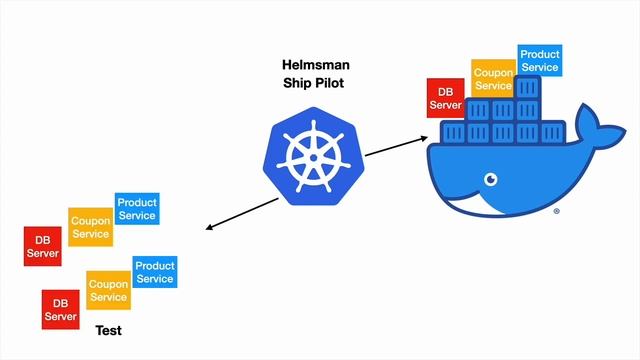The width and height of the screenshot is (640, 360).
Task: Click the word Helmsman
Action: coord(319,66)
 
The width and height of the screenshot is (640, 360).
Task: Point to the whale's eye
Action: coord(491,180)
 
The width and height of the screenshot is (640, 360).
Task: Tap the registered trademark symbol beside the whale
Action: coord(557,212)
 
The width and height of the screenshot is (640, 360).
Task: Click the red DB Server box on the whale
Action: coord(445,97)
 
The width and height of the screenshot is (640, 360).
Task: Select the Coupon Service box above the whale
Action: coord(493,79)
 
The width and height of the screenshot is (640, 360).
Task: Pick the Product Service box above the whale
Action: coord(539,60)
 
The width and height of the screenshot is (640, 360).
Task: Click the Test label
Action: coord(108,330)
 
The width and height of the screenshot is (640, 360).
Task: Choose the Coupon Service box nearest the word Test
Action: coord(107,290)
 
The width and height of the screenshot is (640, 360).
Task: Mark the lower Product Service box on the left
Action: coord(154,272)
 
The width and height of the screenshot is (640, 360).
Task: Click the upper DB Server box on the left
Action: coord(43,246)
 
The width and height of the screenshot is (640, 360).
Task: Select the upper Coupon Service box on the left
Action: coord(90,227)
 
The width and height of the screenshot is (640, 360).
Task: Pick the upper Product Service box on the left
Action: coord(137,209)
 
